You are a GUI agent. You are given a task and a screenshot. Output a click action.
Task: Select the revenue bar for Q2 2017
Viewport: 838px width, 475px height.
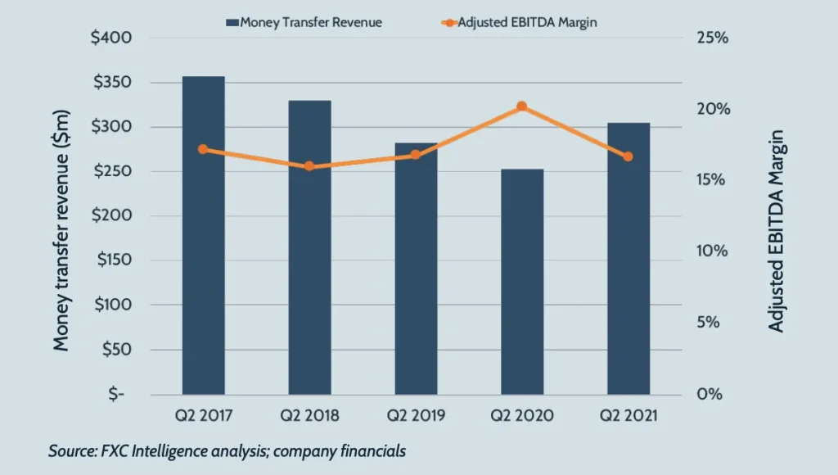[203, 246]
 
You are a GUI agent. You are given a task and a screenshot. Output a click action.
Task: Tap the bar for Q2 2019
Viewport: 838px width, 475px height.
[416, 278]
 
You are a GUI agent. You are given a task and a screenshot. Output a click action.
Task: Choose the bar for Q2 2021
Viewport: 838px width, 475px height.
[628, 262]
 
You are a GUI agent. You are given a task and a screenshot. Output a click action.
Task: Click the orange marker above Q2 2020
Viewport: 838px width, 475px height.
[522, 106]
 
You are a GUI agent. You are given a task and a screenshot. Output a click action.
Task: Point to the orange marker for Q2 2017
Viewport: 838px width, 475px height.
[203, 149]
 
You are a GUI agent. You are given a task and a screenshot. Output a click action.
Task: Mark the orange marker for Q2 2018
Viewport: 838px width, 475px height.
[309, 166]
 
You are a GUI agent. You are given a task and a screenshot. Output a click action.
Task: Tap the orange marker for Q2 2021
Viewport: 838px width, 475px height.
[628, 156]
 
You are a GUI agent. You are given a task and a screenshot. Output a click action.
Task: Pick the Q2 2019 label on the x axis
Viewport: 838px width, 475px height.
[416, 416]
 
